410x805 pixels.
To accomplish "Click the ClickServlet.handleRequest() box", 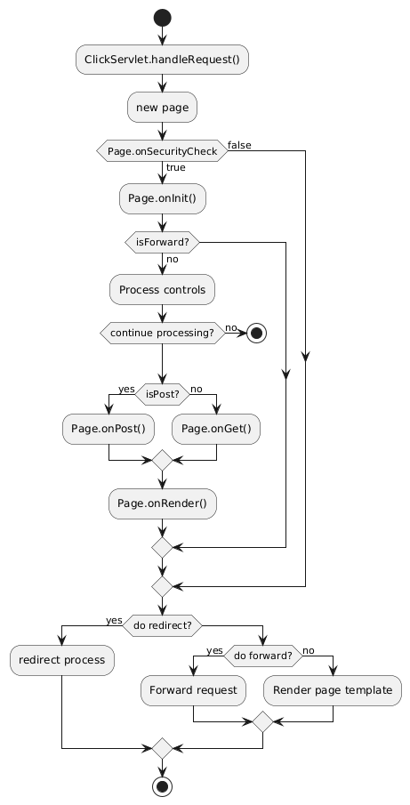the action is tap(162, 60).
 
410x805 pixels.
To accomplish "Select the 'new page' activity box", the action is tap(162, 108).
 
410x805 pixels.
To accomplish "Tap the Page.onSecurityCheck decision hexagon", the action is tap(162, 152).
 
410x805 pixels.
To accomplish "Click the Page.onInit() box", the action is tap(162, 198).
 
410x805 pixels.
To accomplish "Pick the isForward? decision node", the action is tap(162, 242).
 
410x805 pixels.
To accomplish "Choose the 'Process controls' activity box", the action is tap(162, 290).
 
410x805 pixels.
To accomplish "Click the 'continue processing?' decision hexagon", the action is tap(162, 334).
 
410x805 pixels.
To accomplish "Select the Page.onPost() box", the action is tap(109, 429).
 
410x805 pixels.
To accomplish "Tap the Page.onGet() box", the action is tap(216, 429).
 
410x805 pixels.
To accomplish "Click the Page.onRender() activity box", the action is tap(162, 503).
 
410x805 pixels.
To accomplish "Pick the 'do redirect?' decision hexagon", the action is tap(162, 626).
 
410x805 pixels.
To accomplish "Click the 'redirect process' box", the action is tap(62, 660).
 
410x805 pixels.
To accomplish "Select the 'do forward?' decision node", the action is tap(262, 656).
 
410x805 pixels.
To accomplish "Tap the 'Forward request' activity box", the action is tap(193, 690).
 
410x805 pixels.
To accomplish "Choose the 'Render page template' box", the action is tap(333, 690).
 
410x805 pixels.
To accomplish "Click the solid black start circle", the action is tap(162, 19).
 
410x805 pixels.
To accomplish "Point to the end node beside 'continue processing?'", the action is tap(256, 334).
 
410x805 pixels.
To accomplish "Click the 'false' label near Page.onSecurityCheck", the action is tap(239, 145).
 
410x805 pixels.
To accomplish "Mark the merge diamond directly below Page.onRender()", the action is tap(162, 548).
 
